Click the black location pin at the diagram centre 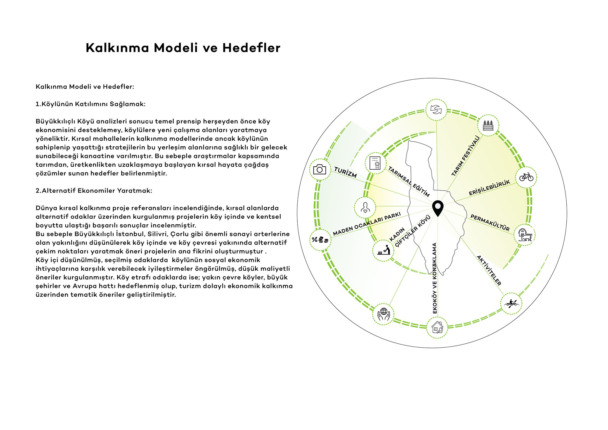pyautogui.click(x=438, y=208)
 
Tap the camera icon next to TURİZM pyautogui.click(x=320, y=169)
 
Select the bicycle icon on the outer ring pyautogui.click(x=526, y=177)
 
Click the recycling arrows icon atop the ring pyautogui.click(x=436, y=109)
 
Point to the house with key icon pyautogui.click(x=437, y=328)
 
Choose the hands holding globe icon pyautogui.click(x=384, y=314)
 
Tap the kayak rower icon pyautogui.click(x=511, y=303)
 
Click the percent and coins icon pyautogui.click(x=320, y=240)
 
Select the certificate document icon pyautogui.click(x=375, y=163)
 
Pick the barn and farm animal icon pyautogui.click(x=525, y=235)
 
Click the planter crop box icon pyautogui.click(x=488, y=125)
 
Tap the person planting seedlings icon pyautogui.click(x=384, y=250)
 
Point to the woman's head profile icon pyautogui.click(x=365, y=207)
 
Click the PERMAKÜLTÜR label pyautogui.click(x=490, y=223)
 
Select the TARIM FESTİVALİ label pyautogui.click(x=466, y=156)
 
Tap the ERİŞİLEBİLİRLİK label pyautogui.click(x=489, y=188)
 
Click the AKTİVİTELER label pyautogui.click(x=489, y=270)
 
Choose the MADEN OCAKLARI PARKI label pyautogui.click(x=367, y=224)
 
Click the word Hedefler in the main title pyautogui.click(x=251, y=48)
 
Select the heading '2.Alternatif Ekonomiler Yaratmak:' pyautogui.click(x=94, y=191)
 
